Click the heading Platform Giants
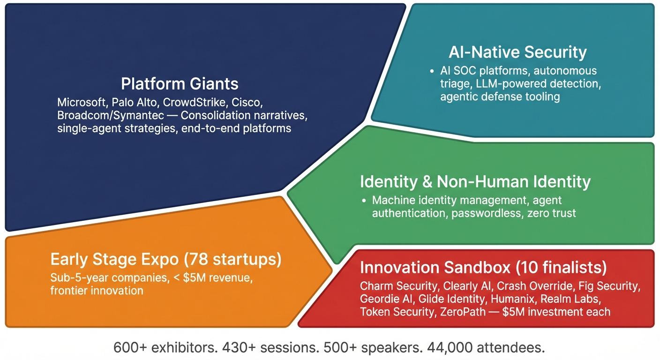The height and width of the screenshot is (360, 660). click(x=180, y=83)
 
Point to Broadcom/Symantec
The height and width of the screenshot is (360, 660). click(x=111, y=115)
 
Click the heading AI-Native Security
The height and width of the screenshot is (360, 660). click(x=517, y=52)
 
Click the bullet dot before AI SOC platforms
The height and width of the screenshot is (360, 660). click(x=432, y=71)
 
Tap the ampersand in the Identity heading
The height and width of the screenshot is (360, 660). click(x=427, y=181)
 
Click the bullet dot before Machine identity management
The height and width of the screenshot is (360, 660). click(x=364, y=201)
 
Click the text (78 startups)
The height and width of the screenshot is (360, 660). click(x=232, y=259)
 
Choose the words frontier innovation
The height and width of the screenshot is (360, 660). click(x=97, y=291)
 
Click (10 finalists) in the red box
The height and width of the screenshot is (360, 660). click(x=561, y=268)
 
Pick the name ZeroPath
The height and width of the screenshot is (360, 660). click(x=463, y=312)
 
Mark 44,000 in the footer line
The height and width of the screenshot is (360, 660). click(x=450, y=348)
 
